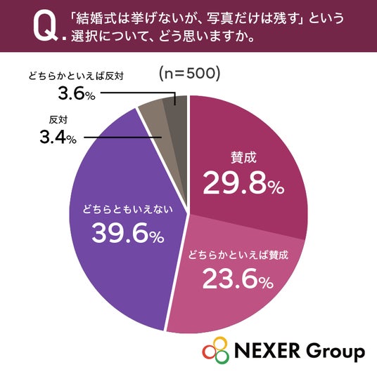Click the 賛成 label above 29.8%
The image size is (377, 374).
243,158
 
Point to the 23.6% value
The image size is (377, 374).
238,279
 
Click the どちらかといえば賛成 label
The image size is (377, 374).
238,255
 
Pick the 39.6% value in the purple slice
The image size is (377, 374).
128,232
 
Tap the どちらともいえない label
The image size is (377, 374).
128,209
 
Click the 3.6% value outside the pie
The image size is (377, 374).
77,93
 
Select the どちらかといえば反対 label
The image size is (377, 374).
76,76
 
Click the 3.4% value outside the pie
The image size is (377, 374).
58,138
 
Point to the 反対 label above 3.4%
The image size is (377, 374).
58,120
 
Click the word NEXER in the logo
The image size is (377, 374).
267,351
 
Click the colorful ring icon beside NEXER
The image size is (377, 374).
216,350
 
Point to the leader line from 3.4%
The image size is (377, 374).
122,138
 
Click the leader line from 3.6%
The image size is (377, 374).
138,93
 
